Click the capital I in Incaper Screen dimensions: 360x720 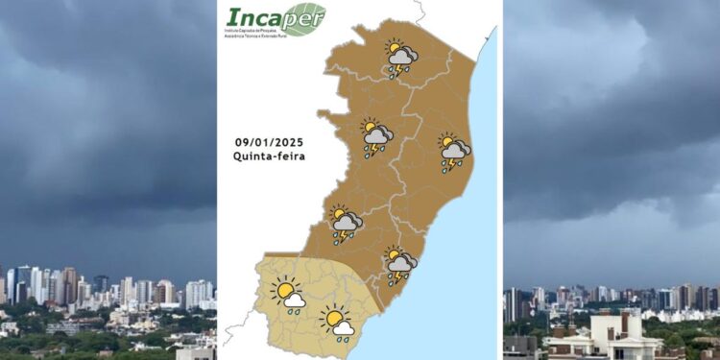(x=233, y=18)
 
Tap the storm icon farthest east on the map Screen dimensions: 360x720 (x=453, y=150)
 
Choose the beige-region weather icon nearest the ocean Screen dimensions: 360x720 (x=337, y=322)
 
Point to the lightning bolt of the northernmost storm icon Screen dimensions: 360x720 (x=393, y=70)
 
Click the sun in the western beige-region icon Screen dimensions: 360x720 (x=283, y=288)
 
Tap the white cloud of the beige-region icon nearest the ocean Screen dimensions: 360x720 (x=344, y=327)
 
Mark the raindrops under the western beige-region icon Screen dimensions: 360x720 (x=293, y=310)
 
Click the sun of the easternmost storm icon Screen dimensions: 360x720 (x=446, y=141)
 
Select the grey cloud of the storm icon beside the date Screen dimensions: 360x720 (x=378, y=136)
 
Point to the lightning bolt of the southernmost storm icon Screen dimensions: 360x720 (x=394, y=277)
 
